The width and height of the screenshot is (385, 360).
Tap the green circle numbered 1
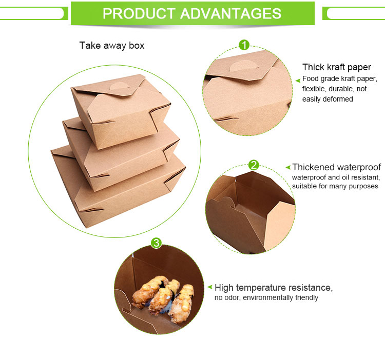pos(244,45)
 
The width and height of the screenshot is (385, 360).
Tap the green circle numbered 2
pos(254,165)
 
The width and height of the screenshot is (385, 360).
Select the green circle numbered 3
pos(157,242)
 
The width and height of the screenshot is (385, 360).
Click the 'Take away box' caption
pos(112,46)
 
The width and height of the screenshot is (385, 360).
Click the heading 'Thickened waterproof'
pos(336,167)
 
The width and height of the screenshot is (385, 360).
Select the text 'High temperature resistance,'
pos(274,287)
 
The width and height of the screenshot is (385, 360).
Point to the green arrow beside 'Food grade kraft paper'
pos(298,80)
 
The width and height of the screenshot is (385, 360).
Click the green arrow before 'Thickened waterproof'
pos(288,168)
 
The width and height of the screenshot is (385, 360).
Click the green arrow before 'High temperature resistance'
pos(209,288)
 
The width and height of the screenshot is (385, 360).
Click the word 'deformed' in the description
pos(337,99)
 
